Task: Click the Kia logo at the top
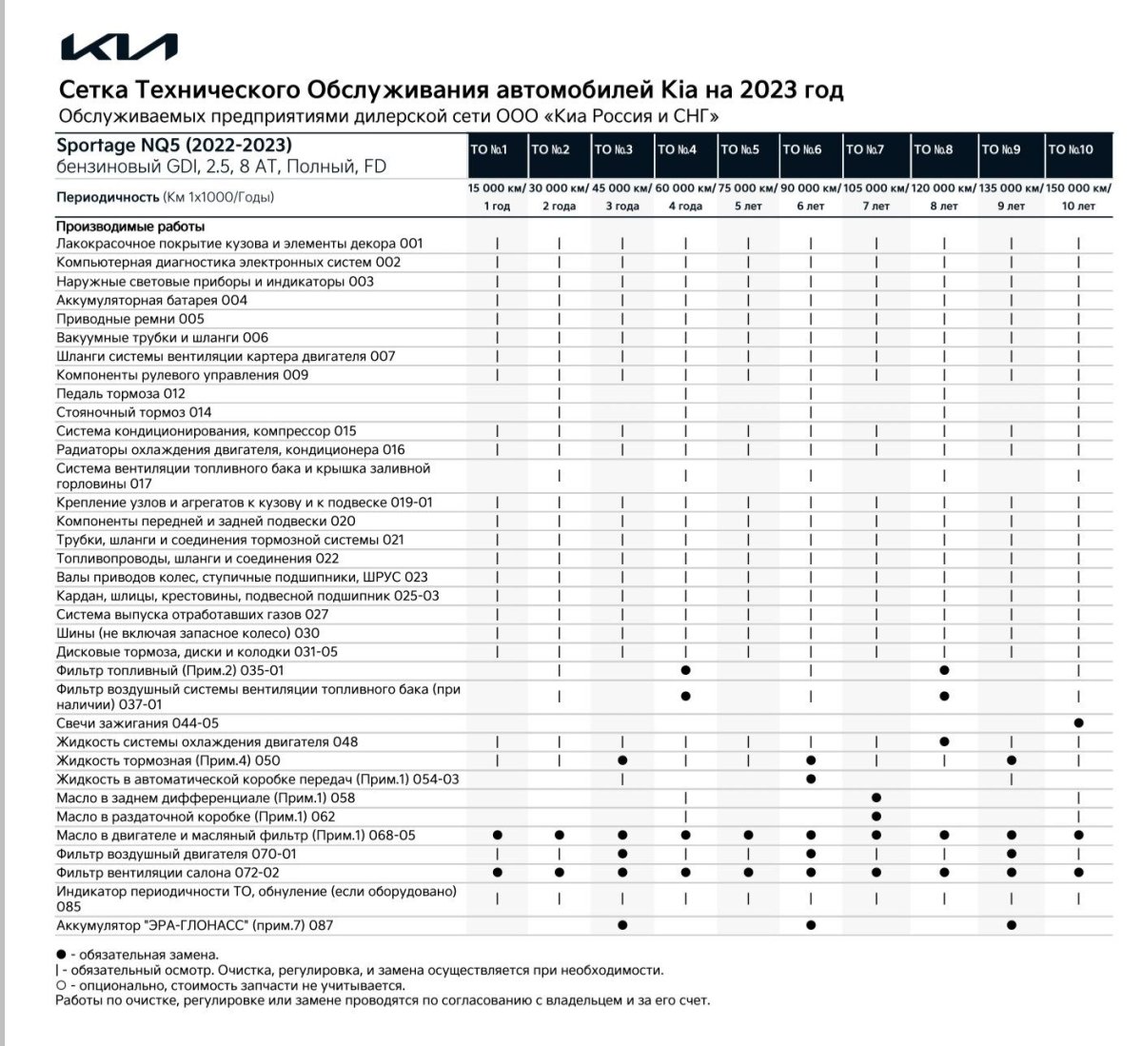tap(118, 48)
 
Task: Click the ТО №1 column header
tap(489, 149)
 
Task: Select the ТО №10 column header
tap(1071, 149)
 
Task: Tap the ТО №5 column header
tap(739, 149)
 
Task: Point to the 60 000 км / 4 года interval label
tap(685, 197)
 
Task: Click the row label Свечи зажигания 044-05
tap(137, 723)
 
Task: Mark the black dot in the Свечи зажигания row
tap(1078, 723)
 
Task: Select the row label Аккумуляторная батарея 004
tap(151, 300)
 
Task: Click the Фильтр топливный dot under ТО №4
tap(685, 671)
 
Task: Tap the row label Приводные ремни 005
tap(130, 319)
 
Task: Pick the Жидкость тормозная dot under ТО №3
tap(622, 760)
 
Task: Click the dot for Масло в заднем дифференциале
tap(876, 798)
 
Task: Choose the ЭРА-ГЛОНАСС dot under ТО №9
tap(1012, 925)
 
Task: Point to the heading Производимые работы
tap(130, 227)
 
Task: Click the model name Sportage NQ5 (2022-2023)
tap(174, 146)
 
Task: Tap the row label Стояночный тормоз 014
tap(134, 412)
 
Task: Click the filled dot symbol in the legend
tap(61, 955)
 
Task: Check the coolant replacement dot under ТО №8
tap(944, 741)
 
